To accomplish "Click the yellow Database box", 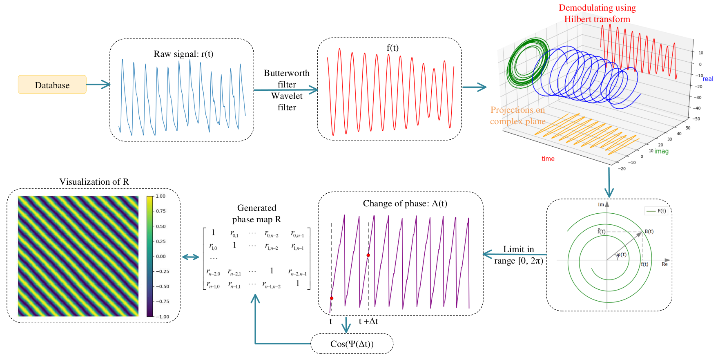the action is point(52,85).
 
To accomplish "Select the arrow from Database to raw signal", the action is point(98,85).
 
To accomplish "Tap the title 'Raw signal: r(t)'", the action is point(183,54).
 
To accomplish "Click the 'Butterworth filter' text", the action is point(287,78).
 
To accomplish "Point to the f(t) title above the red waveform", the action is point(392,48).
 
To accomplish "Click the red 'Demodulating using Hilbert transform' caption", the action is point(597,13).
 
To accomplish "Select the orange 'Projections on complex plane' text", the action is point(518,116).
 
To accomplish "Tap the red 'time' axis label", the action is point(548,159).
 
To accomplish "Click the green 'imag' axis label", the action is point(662,151).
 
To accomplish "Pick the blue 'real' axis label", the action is point(708,79).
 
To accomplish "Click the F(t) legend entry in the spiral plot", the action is point(656,211).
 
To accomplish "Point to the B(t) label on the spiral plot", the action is point(649,231).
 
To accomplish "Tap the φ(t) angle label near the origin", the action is point(621,255).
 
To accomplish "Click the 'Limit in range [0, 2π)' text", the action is point(519,255).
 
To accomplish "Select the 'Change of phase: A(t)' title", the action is point(405,203).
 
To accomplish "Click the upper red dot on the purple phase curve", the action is point(368,255).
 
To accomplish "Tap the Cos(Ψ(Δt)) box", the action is point(352,344).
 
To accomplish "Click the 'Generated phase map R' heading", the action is point(256,214).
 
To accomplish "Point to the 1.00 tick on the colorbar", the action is point(161,196).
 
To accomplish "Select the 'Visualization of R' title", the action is point(94,182).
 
